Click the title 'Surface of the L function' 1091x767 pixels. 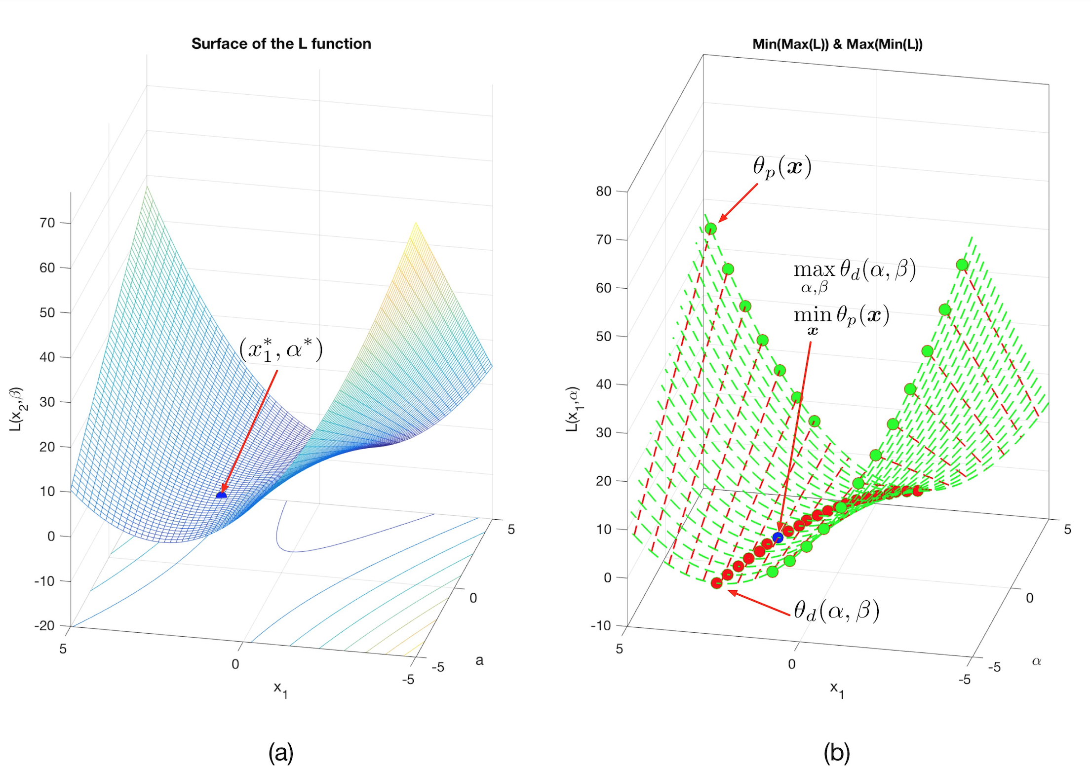(x=281, y=44)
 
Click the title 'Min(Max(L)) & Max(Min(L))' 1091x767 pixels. (x=837, y=44)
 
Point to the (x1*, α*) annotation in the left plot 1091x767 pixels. (x=281, y=349)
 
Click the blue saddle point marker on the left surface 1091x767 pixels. (x=222, y=495)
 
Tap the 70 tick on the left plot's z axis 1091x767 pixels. (x=47, y=223)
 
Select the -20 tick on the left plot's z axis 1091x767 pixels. (x=44, y=626)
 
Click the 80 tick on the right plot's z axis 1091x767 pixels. (x=603, y=192)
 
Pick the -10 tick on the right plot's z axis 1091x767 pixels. (x=601, y=626)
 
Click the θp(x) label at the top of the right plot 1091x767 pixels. (x=782, y=167)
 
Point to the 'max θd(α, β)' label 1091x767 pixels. (x=854, y=274)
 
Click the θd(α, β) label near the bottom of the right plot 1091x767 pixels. (x=836, y=611)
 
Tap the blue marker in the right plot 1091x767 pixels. (x=778, y=537)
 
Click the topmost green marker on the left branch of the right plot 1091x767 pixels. (x=711, y=229)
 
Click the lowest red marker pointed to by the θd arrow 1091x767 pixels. (x=717, y=583)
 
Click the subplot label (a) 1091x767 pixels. (x=281, y=752)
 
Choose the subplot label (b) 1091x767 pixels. (x=837, y=752)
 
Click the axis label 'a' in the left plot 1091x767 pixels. (x=479, y=660)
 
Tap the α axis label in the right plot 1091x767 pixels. (x=1036, y=661)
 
